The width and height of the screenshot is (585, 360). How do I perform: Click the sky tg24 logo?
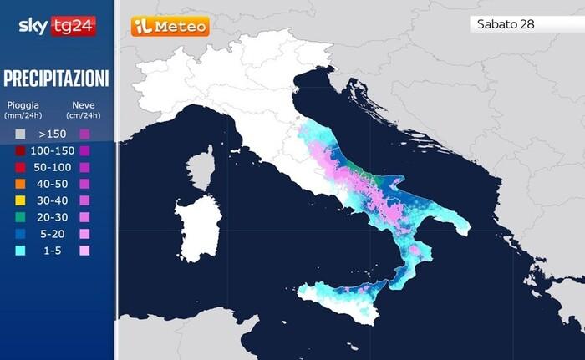(57, 26)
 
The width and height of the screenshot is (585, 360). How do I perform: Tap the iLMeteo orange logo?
(170, 27)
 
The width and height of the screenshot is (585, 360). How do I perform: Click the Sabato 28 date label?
(505, 24)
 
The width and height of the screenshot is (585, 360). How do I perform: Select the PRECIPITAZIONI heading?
(56, 79)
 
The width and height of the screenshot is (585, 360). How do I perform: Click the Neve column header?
(84, 109)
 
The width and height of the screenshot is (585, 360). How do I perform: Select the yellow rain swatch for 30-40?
(20, 200)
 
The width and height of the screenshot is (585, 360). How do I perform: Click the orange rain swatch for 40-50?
(20, 184)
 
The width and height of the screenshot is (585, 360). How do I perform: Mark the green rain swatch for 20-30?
(20, 217)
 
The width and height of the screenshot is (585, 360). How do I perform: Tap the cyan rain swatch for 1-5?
(20, 250)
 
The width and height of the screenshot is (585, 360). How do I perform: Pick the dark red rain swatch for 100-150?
(20, 150)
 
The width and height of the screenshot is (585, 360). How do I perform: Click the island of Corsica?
(201, 168)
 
